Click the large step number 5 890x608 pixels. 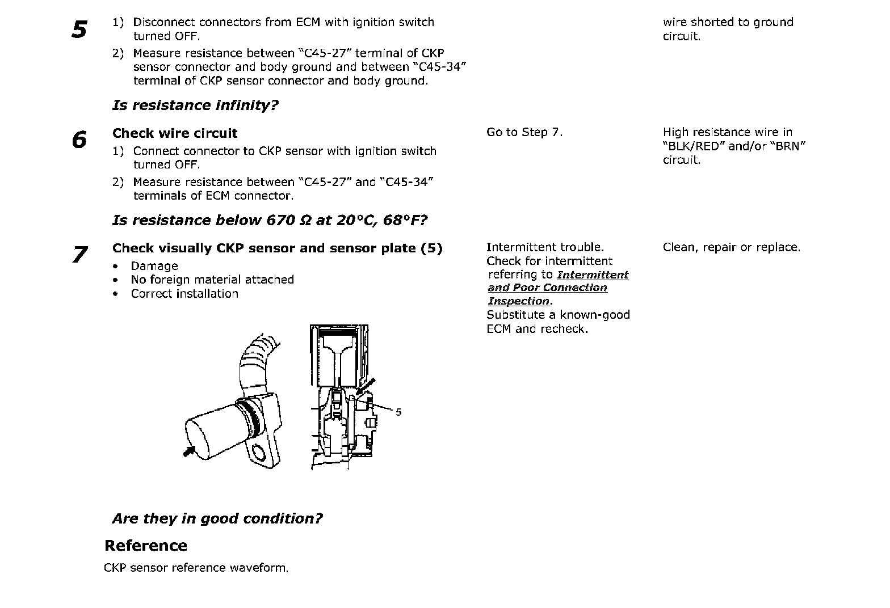coord(80,29)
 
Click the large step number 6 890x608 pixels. coord(80,140)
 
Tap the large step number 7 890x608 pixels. coord(80,254)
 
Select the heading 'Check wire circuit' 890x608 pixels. coord(175,133)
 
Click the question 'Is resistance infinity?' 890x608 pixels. coord(195,105)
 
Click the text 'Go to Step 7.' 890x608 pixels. coord(524,133)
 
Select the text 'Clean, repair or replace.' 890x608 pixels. coord(732,247)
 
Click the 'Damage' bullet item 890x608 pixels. coord(154,266)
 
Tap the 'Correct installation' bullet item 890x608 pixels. coord(184,294)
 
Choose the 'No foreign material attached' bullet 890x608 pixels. coord(212,280)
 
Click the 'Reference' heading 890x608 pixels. coord(146,546)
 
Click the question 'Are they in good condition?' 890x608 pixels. coord(217,518)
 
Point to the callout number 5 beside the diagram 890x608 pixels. coord(398,412)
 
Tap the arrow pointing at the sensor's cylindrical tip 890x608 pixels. coord(190,450)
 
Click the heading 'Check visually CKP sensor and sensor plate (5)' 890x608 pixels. coord(277,248)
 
